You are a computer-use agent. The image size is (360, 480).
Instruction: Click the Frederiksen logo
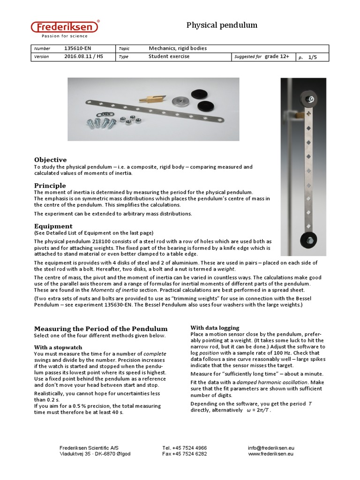pos(65,29)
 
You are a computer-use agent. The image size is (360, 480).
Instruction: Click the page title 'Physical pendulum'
pos(222,25)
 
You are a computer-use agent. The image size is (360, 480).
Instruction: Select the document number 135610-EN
pos(77,48)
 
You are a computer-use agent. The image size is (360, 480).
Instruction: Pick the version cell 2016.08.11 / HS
pos(83,57)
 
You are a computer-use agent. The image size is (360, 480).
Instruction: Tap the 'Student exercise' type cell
pos(169,57)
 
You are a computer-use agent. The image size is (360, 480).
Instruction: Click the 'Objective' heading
pos(50,160)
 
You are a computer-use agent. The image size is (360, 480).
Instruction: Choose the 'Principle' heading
pos(50,186)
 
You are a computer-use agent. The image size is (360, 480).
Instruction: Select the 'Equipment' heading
pos(53,226)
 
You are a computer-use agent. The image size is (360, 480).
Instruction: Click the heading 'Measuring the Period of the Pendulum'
pos(100,329)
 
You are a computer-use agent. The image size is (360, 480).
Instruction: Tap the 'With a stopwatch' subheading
pos(58,347)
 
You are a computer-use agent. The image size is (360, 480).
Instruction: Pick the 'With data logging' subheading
pos(215,328)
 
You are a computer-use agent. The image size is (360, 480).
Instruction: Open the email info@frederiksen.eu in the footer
pos(271,448)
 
